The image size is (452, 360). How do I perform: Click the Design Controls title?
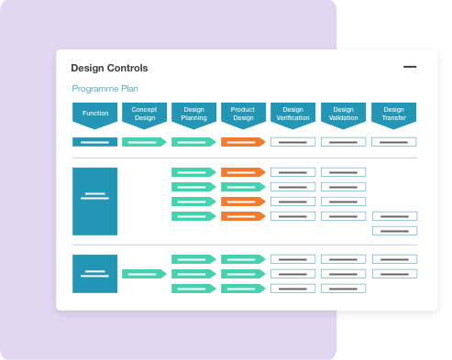click(x=109, y=68)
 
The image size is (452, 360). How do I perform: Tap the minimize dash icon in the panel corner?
click(x=410, y=67)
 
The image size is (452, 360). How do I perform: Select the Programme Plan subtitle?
click(x=105, y=89)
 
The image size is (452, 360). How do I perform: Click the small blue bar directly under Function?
click(x=95, y=142)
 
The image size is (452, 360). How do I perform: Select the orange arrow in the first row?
click(x=243, y=142)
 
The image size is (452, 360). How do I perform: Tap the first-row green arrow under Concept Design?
click(x=144, y=142)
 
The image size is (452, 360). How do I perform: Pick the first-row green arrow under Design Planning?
click(x=193, y=142)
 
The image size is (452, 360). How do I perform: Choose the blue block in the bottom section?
click(x=95, y=274)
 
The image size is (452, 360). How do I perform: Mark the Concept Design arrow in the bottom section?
click(x=144, y=274)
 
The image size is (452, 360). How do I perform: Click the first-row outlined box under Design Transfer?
click(x=394, y=142)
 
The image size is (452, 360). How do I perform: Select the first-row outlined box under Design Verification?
click(x=293, y=142)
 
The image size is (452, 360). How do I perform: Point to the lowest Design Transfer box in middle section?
click(x=394, y=231)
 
